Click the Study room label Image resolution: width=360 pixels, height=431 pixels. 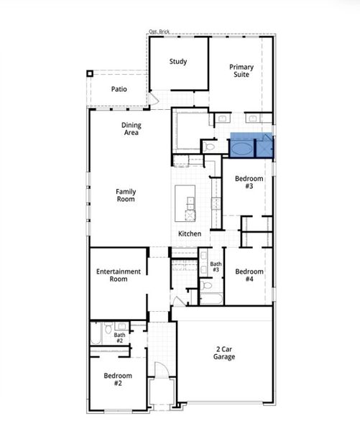178,62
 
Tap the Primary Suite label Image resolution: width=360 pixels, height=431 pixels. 241,70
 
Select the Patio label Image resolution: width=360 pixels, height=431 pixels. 119,90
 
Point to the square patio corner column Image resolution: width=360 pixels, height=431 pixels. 90,73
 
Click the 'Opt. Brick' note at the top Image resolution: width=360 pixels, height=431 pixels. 159,32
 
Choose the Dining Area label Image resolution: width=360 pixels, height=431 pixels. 131,129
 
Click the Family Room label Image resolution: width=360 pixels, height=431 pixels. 126,195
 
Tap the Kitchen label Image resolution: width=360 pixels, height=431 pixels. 190,234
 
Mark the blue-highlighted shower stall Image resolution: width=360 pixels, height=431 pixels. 265,147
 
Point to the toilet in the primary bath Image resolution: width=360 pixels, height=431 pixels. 209,147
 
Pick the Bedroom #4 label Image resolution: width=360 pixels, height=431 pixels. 249,275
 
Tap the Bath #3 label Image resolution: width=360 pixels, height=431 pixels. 216,267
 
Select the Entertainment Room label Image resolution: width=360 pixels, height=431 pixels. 119,275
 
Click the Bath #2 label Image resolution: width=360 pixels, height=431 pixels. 119,338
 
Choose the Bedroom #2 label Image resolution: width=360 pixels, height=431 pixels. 118,379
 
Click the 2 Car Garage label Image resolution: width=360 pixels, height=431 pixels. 224,352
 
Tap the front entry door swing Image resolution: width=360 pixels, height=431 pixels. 162,370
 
